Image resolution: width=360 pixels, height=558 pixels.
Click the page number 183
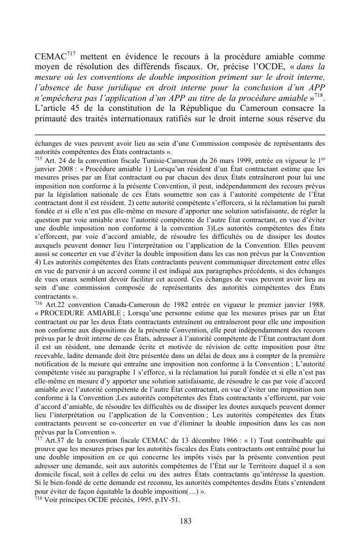tap(179, 521)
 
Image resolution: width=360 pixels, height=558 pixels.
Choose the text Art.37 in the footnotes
tap(55, 450)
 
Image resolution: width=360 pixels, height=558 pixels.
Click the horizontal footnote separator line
tap(179, 134)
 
